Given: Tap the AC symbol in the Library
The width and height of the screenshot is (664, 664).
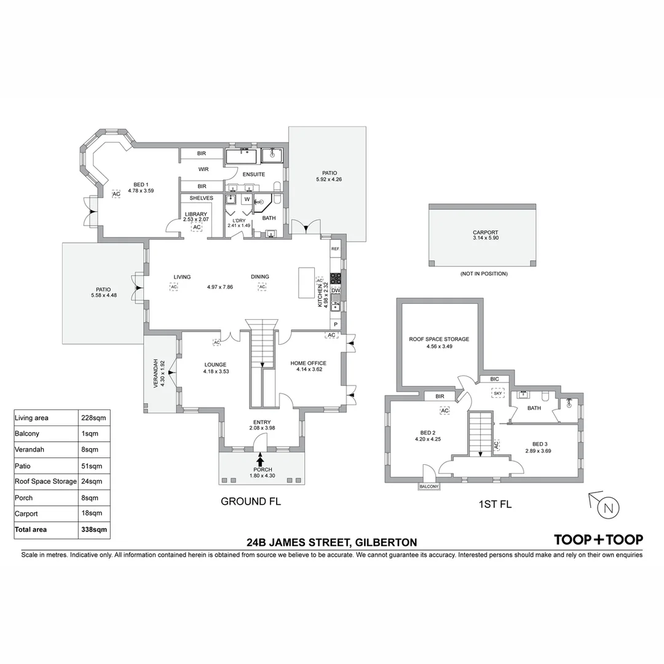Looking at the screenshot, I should (x=197, y=227).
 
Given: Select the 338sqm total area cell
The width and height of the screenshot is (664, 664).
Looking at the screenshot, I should (x=95, y=529).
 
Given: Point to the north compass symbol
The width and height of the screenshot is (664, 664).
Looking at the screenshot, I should (x=608, y=508).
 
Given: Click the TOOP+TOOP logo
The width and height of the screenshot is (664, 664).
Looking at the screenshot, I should (x=598, y=540).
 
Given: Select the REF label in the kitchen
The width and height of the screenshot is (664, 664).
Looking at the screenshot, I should (x=335, y=249).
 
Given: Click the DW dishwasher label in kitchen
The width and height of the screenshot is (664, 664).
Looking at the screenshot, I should (x=336, y=291).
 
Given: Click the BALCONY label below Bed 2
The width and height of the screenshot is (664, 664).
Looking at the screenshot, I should (x=429, y=487).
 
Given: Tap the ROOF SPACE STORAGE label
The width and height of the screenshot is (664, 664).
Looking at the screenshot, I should (x=439, y=339).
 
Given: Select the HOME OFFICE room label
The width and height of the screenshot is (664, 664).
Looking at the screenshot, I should (x=308, y=363).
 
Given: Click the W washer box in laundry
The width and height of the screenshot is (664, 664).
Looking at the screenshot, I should (x=247, y=199).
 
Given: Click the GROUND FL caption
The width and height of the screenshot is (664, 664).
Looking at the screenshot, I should (x=251, y=502).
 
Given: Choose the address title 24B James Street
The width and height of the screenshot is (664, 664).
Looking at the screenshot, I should (x=331, y=542).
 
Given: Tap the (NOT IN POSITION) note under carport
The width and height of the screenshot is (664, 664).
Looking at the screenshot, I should (x=483, y=274).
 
